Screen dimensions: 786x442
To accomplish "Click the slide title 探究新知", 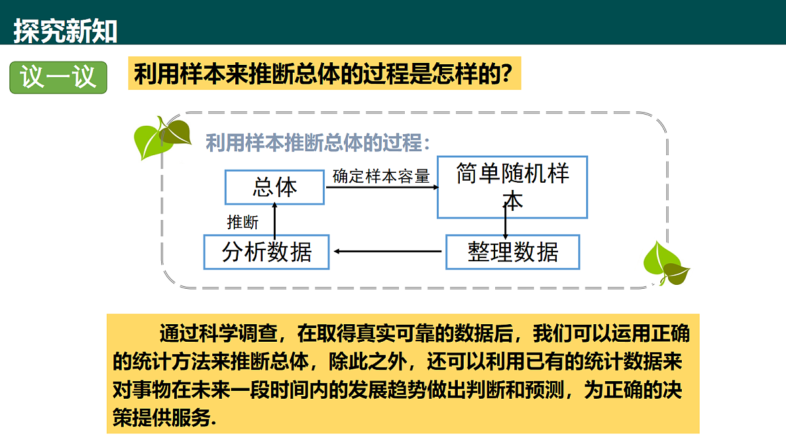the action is tap(65, 31).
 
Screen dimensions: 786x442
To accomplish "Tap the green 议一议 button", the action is tap(58, 77).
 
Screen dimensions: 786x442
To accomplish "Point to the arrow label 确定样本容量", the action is tap(381, 176).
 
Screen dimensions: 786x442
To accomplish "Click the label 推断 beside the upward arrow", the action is tap(242, 223).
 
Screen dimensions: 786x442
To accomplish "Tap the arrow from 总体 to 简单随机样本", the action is tap(382, 187).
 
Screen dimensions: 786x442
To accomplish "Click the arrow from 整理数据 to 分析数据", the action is tap(388, 251).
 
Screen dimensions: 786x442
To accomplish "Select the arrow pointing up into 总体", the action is tap(274, 221).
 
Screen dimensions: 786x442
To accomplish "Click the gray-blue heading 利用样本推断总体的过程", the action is tap(318, 143).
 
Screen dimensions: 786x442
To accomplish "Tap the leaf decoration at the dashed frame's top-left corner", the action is tap(162, 138).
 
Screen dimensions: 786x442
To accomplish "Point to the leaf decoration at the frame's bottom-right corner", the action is tap(666, 263).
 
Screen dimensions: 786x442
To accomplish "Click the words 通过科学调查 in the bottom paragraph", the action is tap(218, 333).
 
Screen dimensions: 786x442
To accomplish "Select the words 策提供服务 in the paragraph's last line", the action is tap(162, 418).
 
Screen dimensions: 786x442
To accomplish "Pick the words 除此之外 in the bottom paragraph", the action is tap(367, 361).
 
